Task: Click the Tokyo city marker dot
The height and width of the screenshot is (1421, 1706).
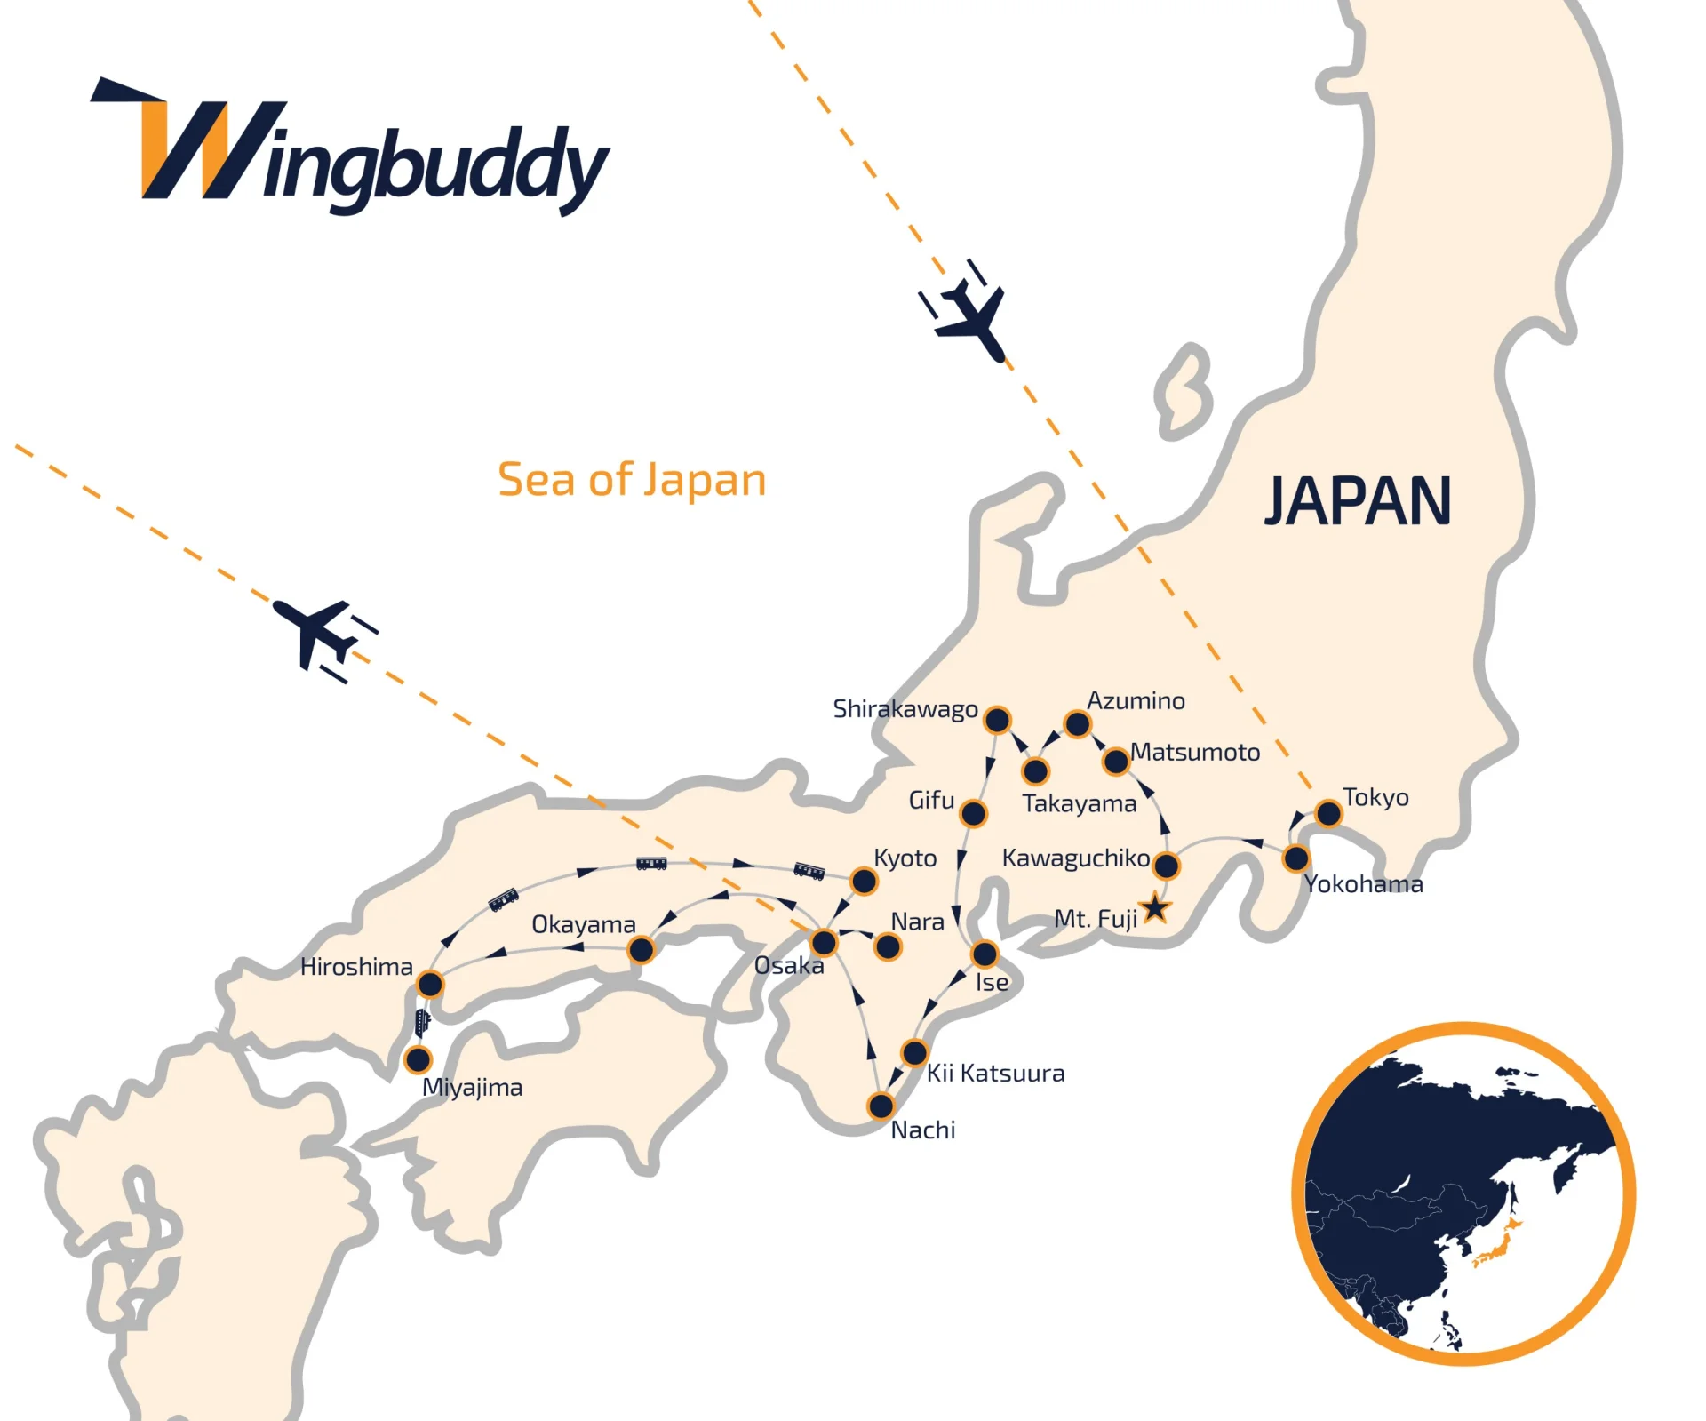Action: click(x=1328, y=813)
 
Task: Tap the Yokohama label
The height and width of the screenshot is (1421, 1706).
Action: click(x=1364, y=884)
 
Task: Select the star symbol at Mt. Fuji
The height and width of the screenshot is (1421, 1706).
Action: click(x=1155, y=908)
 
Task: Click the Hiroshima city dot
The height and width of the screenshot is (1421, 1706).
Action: click(x=430, y=984)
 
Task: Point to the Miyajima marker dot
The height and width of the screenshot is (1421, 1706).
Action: click(x=418, y=1059)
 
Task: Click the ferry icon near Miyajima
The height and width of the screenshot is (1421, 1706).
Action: click(x=423, y=1022)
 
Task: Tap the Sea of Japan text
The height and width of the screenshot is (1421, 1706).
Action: click(x=632, y=480)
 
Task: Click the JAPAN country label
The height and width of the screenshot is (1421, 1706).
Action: click(x=1358, y=501)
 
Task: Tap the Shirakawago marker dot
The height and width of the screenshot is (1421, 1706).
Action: click(x=998, y=720)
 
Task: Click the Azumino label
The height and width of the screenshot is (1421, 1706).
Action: click(x=1136, y=701)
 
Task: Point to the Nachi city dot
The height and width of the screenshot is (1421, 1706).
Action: click(x=881, y=1106)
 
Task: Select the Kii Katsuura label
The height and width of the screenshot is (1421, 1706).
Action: click(x=995, y=1074)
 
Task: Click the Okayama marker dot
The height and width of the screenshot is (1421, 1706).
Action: click(x=641, y=950)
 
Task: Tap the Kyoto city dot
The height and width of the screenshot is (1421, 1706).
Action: click(x=864, y=882)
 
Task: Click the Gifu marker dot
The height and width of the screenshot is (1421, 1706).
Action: click(x=974, y=813)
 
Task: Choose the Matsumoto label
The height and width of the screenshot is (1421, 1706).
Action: click(x=1195, y=753)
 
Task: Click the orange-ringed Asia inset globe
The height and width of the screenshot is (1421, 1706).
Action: click(x=1463, y=1193)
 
